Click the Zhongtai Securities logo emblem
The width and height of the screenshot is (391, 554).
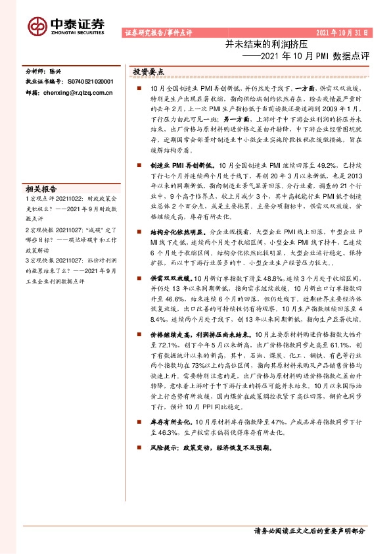37,26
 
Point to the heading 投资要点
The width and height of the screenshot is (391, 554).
149,71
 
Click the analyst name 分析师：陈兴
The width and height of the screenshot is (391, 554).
43,71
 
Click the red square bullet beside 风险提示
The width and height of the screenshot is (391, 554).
139,447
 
